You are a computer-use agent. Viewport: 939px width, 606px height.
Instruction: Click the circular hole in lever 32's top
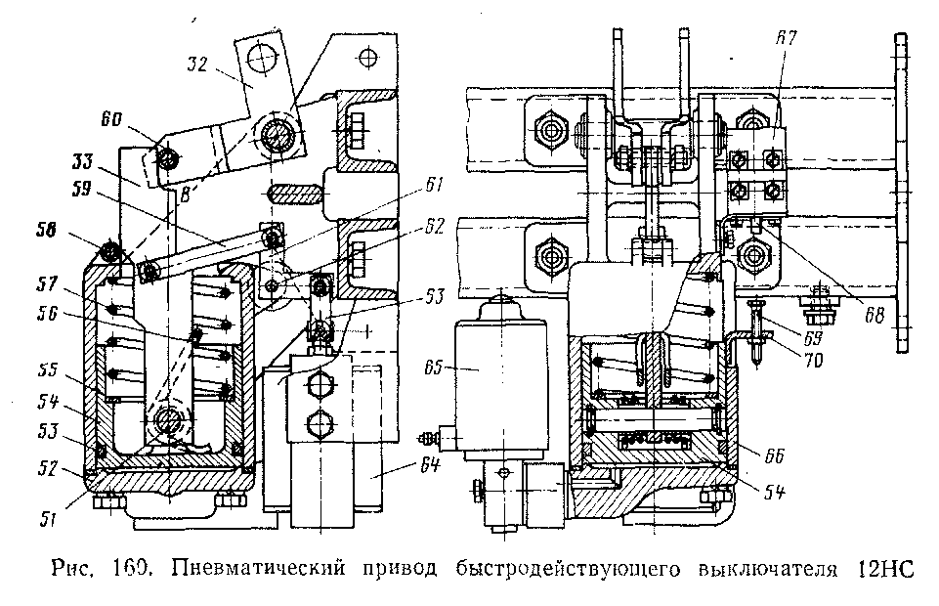pos(261,60)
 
